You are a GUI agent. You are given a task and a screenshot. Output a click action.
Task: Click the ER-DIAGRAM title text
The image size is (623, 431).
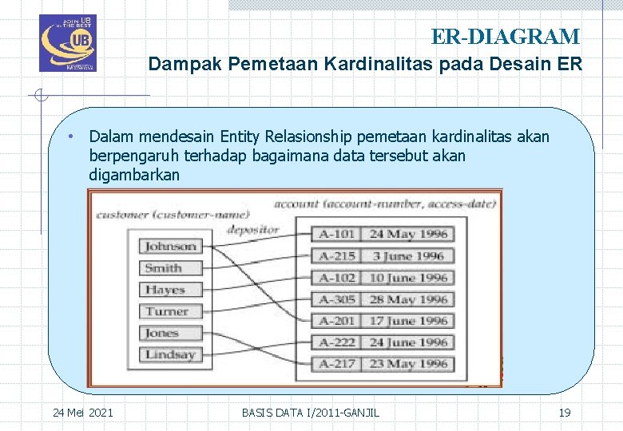click(505, 37)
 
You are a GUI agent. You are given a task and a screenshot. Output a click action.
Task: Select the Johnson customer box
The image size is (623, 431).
click(170, 247)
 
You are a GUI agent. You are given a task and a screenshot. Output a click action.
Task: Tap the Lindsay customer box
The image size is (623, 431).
click(170, 354)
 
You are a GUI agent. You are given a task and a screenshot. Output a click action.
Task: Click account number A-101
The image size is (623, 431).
click(337, 235)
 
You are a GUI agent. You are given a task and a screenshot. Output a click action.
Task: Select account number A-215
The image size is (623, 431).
click(337, 256)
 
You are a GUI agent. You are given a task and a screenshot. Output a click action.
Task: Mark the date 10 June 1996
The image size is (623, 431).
click(408, 278)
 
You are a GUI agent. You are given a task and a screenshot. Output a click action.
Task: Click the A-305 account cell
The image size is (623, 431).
click(337, 299)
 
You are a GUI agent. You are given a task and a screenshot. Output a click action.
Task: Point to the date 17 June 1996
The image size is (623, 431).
click(408, 321)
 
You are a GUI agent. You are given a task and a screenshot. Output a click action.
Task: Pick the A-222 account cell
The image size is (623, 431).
click(337, 342)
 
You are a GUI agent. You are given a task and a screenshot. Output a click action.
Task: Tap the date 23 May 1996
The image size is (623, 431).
click(408, 364)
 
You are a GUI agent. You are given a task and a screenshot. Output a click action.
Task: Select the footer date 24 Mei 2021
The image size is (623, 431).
click(82, 412)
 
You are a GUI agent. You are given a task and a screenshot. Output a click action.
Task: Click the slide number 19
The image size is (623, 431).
click(564, 412)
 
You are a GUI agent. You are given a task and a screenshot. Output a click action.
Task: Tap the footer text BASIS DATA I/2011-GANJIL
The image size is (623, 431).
click(311, 412)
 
